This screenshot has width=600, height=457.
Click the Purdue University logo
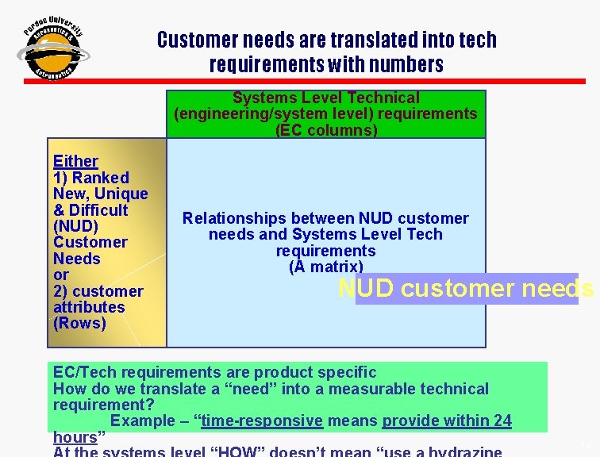pos(54,50)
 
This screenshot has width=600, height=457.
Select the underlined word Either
pos(75,161)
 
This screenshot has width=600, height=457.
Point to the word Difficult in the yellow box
pos(98,210)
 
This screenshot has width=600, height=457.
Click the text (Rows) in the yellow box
pos(79,323)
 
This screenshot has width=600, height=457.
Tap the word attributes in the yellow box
pos(88,307)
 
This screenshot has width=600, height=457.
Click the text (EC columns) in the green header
pos(326,129)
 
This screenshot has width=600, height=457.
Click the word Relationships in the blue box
pos(229,218)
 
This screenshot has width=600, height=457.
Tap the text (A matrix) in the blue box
pos(326,267)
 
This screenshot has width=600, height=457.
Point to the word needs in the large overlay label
pos(560,289)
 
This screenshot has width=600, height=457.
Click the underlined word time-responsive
pos(262,421)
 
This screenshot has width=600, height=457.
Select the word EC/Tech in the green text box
pos(82,372)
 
